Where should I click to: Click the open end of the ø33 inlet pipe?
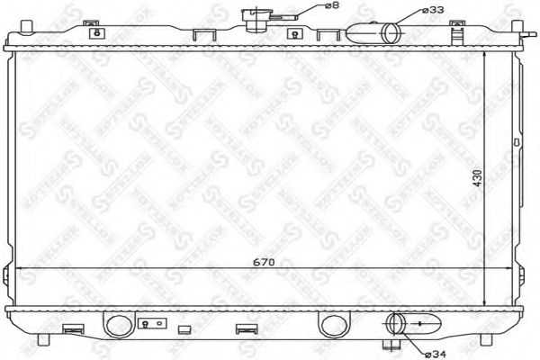[x=390, y=34]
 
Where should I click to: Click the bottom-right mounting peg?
[x=489, y=339]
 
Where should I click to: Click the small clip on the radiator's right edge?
[x=516, y=142]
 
